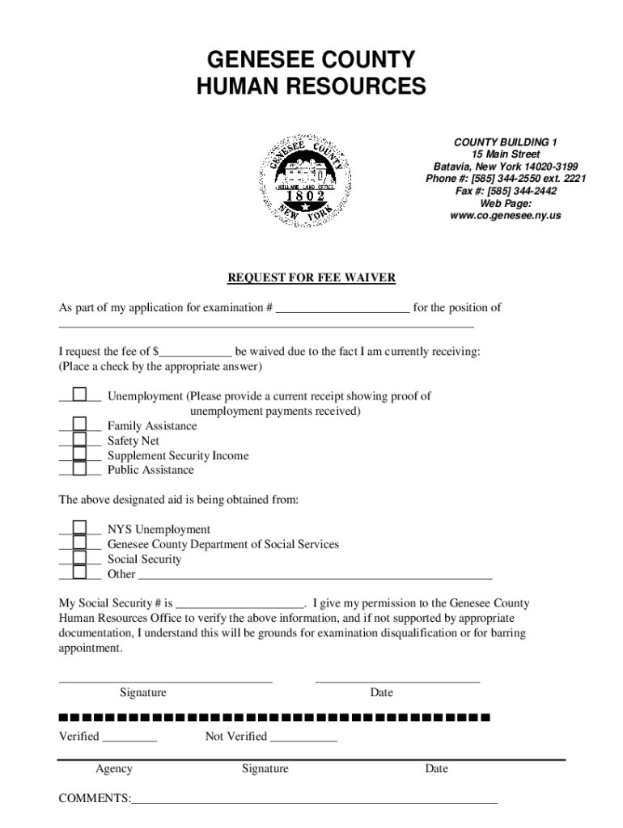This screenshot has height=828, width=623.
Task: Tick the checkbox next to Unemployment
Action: pyautogui.click(x=79, y=395)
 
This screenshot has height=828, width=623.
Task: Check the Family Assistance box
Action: pyautogui.click(x=79, y=425)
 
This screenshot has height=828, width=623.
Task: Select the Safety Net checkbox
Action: pyautogui.click(x=79, y=440)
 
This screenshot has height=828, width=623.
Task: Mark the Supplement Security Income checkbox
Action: pyautogui.click(x=79, y=454)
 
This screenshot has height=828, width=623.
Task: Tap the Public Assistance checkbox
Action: pyautogui.click(x=79, y=469)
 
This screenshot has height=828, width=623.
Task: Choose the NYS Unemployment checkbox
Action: pyautogui.click(x=79, y=529)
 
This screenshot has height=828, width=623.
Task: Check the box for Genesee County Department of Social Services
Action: pyautogui.click(x=79, y=543)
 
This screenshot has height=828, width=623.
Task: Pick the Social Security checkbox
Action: pyautogui.click(x=79, y=558)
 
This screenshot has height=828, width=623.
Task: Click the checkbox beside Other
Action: pyautogui.click(x=79, y=573)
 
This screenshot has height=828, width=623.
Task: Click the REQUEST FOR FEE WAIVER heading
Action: pyautogui.click(x=311, y=278)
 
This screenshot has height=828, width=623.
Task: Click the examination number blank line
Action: pyautogui.click(x=342, y=308)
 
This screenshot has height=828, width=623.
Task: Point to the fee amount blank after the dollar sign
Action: pyautogui.click(x=196, y=353)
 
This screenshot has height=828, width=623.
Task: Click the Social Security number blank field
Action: pyautogui.click(x=239, y=604)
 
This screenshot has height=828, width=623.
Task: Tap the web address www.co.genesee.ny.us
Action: pyautogui.click(x=506, y=216)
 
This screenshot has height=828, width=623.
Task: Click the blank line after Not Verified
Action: pyautogui.click(x=303, y=737)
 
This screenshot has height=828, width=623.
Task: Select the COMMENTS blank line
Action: pyautogui.click(x=314, y=800)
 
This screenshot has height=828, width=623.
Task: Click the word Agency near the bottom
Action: pyautogui.click(x=114, y=769)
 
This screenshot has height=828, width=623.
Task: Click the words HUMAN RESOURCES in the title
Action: pyautogui.click(x=311, y=87)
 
